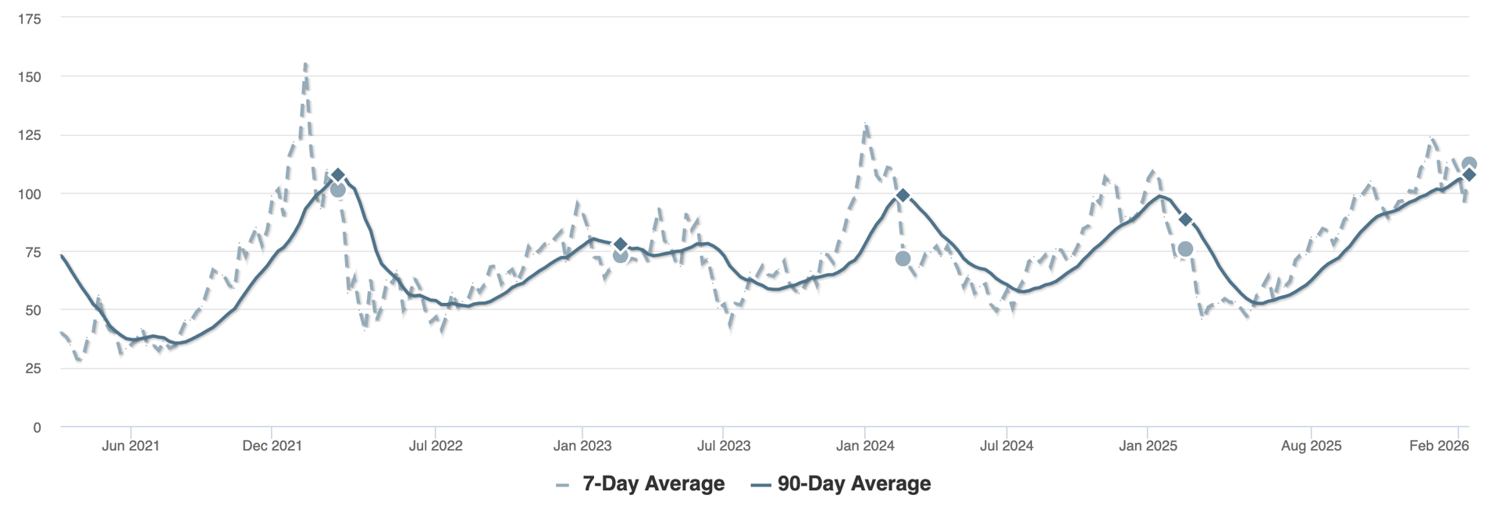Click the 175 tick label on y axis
[30, 19]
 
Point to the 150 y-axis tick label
[30, 77]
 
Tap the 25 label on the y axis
[33, 369]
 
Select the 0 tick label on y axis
[37, 427]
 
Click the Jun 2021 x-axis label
[130, 446]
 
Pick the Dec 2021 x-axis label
[272, 446]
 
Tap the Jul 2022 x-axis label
[436, 446]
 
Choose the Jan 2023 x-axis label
[582, 446]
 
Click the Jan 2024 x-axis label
[865, 446]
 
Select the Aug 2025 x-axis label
[1311, 446]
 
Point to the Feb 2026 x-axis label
[1439, 446]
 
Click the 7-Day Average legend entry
[640, 484]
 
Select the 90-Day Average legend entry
[842, 484]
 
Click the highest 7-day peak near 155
[305, 64]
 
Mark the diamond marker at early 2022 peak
[337, 175]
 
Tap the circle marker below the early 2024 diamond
[903, 258]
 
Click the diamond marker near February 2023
[621, 244]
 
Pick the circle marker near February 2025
[1185, 249]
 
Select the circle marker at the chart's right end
[1469, 164]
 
